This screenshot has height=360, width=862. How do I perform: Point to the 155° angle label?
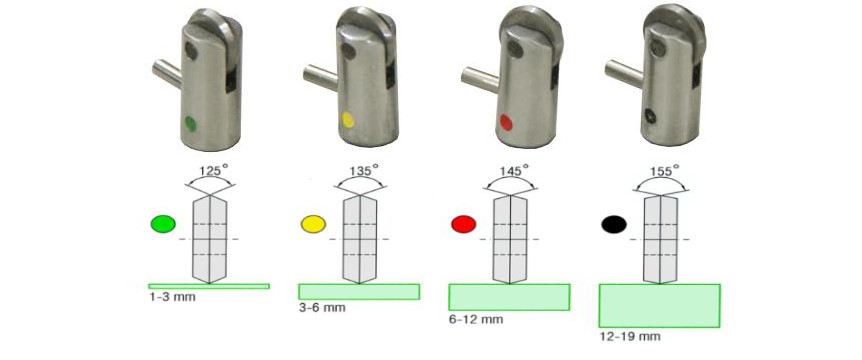[x=661, y=170]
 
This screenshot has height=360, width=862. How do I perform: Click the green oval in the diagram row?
[x=163, y=224]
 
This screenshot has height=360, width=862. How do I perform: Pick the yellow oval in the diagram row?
[x=313, y=224]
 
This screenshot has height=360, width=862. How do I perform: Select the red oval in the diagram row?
[x=463, y=224]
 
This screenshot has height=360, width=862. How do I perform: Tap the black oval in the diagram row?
[x=614, y=224]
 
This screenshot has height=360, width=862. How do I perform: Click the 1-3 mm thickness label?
[x=172, y=297]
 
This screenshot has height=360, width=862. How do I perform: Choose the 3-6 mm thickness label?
[x=322, y=308]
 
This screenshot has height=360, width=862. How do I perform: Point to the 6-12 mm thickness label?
[x=476, y=319]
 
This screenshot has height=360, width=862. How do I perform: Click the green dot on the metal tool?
[x=190, y=123]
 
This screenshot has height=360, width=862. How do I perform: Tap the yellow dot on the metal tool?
[x=347, y=120]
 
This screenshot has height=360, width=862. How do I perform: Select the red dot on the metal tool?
[x=506, y=123]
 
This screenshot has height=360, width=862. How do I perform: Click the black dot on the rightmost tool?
[x=650, y=116]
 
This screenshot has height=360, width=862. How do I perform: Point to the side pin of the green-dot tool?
[x=167, y=75]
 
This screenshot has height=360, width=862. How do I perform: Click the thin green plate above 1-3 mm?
[x=209, y=286]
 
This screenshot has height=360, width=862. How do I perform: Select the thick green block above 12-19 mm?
[x=659, y=306]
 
